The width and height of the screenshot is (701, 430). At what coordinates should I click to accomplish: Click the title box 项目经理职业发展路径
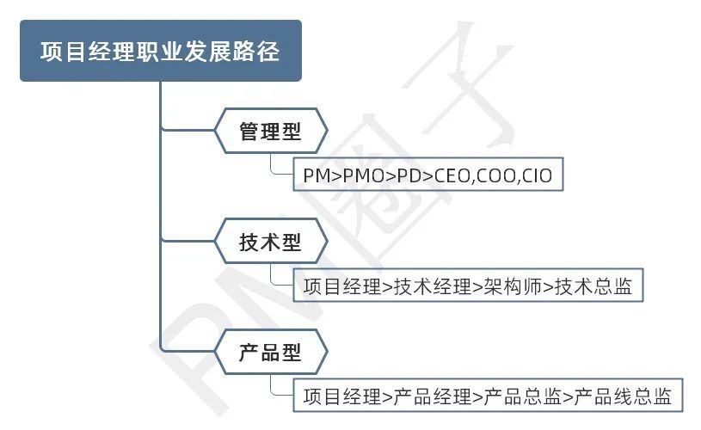tap(161, 51)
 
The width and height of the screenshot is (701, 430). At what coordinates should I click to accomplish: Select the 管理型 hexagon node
tap(271, 131)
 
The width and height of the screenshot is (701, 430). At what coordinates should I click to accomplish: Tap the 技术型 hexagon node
tap(271, 242)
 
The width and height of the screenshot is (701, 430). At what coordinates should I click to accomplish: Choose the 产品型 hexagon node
tap(271, 353)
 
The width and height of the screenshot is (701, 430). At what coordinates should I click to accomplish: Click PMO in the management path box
tap(364, 175)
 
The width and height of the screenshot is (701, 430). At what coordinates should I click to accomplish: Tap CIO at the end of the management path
tap(537, 175)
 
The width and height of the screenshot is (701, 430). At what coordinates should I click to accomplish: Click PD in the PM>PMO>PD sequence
tap(409, 175)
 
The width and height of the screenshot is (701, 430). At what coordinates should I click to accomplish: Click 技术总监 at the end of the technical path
tap(593, 286)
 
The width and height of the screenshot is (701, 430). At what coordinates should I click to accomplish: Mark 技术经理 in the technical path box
tap(433, 286)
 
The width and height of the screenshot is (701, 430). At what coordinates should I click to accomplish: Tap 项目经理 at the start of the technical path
tap(342, 286)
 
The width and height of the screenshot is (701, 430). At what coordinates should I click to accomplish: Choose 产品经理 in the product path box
tap(433, 396)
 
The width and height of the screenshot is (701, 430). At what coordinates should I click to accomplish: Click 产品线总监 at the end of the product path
tap(623, 396)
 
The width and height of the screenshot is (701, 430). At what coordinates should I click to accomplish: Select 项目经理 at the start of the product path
tap(342, 396)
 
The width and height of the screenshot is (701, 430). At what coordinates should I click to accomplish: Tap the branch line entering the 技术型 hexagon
tap(188, 242)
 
